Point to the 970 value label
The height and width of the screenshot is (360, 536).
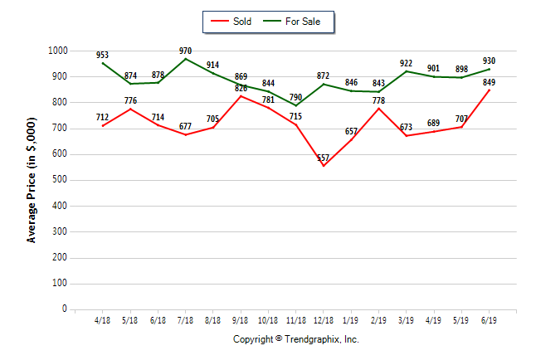(x=185, y=50)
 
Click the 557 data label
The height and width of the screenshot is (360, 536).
(x=323, y=158)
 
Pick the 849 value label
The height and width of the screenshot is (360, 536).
(x=490, y=81)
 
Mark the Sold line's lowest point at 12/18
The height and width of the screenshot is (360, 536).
(x=323, y=166)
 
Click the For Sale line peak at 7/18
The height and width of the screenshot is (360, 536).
(x=185, y=59)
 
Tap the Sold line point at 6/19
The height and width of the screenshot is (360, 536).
(x=490, y=90)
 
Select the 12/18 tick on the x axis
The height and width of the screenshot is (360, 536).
(x=323, y=320)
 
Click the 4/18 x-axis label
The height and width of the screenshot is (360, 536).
(x=103, y=320)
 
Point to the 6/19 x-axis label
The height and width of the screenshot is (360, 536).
(x=490, y=320)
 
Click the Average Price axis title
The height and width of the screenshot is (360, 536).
(x=32, y=180)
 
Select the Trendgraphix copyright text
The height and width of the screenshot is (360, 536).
(x=295, y=339)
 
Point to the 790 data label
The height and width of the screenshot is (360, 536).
(x=295, y=97)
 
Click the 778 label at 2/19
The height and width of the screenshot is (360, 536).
(x=379, y=100)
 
